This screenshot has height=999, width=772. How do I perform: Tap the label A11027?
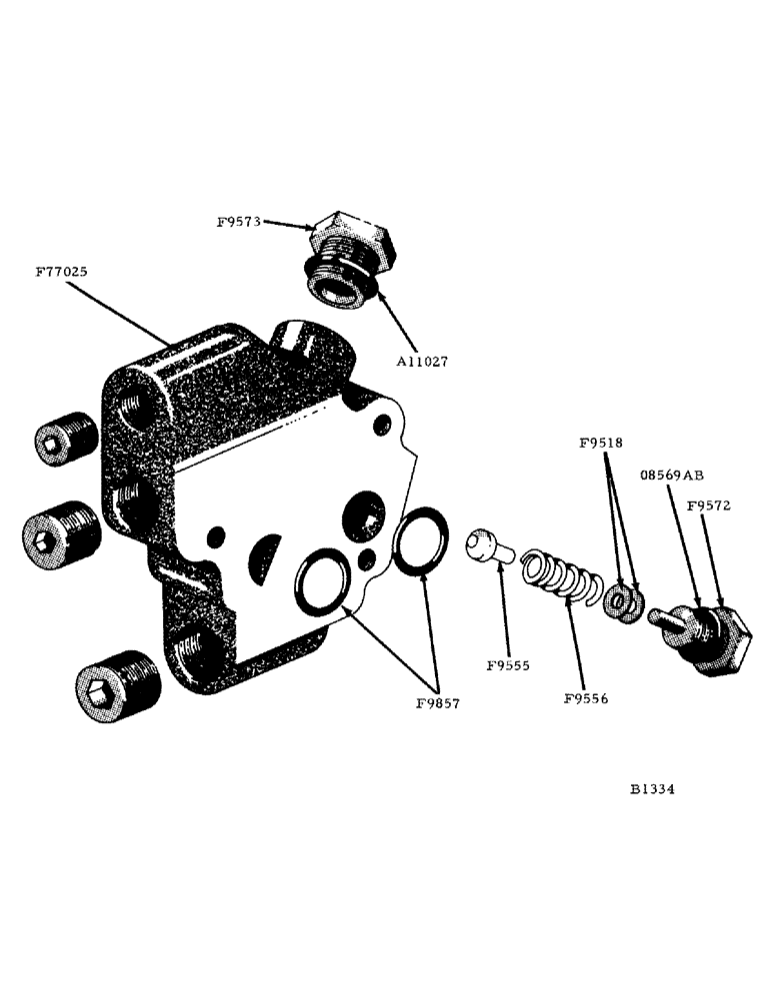pos(418,362)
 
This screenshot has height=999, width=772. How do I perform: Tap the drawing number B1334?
pos(652,788)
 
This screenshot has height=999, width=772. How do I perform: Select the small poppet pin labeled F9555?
pos(487,546)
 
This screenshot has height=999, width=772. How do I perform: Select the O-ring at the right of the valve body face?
pos(418,542)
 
